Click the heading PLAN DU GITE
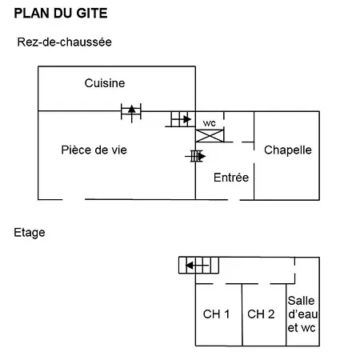point(61,13)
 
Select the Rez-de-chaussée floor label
point(64,42)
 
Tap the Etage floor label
point(30,233)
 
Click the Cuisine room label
point(105,83)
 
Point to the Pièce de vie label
point(94,150)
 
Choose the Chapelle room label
point(288,150)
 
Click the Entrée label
point(231,178)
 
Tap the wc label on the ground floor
point(209,123)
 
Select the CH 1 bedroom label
point(216,314)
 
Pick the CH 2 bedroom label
point(261,314)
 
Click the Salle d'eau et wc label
point(302,314)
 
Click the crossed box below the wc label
point(210,136)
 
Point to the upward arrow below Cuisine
point(131,114)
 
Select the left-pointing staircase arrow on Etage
point(197,266)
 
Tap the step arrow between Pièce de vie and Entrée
point(195,156)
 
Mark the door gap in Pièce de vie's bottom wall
point(74,199)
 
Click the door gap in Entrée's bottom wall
point(234,200)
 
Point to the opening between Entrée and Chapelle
point(254,153)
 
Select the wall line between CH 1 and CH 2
point(242,315)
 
